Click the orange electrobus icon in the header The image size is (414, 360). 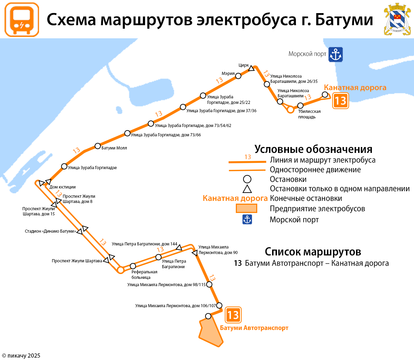[22, 20]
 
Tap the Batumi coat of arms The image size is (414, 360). [397, 19]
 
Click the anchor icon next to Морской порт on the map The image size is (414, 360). [335, 55]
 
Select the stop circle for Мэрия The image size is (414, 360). [238, 76]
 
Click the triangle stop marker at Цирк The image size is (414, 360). [252, 68]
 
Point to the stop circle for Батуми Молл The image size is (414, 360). [98, 146]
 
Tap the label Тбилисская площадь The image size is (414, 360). [309, 114]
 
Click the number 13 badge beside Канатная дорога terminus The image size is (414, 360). [340, 101]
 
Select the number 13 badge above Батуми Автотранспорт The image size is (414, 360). [233, 315]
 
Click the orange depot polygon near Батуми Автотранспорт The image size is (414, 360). [211, 332]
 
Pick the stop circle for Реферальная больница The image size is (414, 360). [133, 266]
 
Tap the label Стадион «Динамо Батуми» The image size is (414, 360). [50, 231]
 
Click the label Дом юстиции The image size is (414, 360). [62, 187]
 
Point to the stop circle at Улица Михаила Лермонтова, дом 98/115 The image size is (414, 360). [209, 285]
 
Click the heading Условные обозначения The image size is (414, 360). [313, 149]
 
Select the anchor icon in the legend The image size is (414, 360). [247, 220]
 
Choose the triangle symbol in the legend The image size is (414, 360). [247, 189]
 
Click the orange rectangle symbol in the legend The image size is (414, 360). [246, 208]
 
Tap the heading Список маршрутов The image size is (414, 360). [313, 252]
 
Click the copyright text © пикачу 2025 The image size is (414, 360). [21, 356]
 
